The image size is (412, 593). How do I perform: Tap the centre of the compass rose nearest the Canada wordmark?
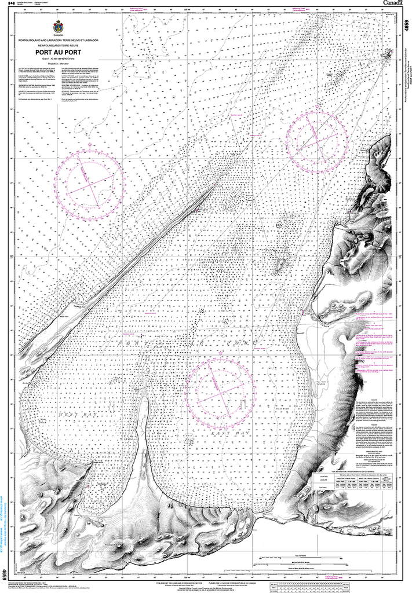tap(317, 137)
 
